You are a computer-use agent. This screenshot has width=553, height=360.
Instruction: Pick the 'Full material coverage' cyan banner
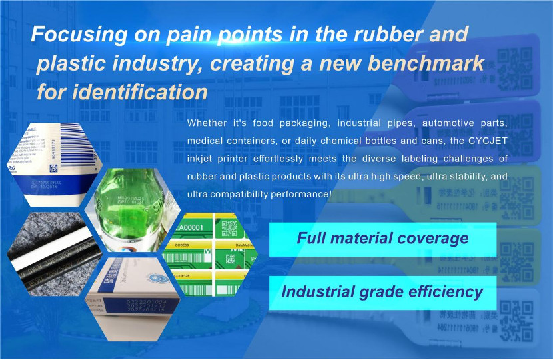(382, 239)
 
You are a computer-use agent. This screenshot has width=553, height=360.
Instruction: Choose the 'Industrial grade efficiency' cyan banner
(382, 292)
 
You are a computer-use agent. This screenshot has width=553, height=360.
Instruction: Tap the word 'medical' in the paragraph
(207, 141)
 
